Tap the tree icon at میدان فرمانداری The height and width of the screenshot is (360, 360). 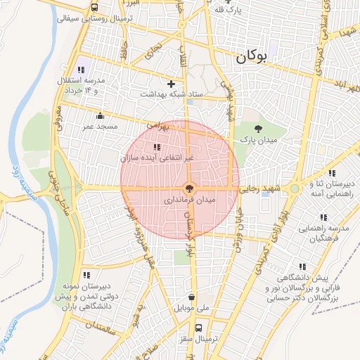coord(188,188)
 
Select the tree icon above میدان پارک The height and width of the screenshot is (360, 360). coord(259,129)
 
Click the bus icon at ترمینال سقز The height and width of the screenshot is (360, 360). coord(199,327)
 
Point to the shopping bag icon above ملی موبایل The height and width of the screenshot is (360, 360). coord(192,297)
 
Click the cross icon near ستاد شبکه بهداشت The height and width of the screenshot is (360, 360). coord(171,83)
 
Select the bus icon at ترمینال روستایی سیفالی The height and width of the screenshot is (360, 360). coord(94,8)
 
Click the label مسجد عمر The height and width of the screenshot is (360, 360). coord(99,127)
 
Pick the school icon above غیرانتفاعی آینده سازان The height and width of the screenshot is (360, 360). coord(156,148)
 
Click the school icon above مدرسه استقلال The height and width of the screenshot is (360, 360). coord(82,70)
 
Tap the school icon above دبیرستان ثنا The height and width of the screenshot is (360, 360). coord(331,173)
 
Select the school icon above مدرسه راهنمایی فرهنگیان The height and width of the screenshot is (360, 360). coord(323,218)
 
